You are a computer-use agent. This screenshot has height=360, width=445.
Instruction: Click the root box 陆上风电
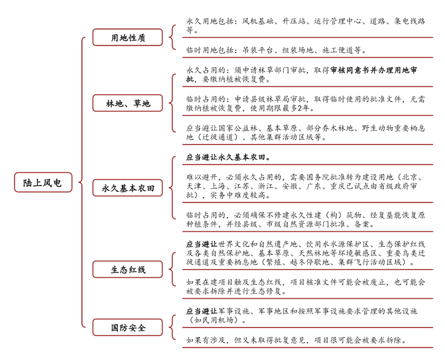(42, 183)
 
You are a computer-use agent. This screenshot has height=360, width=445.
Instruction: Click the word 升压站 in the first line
(297, 22)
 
